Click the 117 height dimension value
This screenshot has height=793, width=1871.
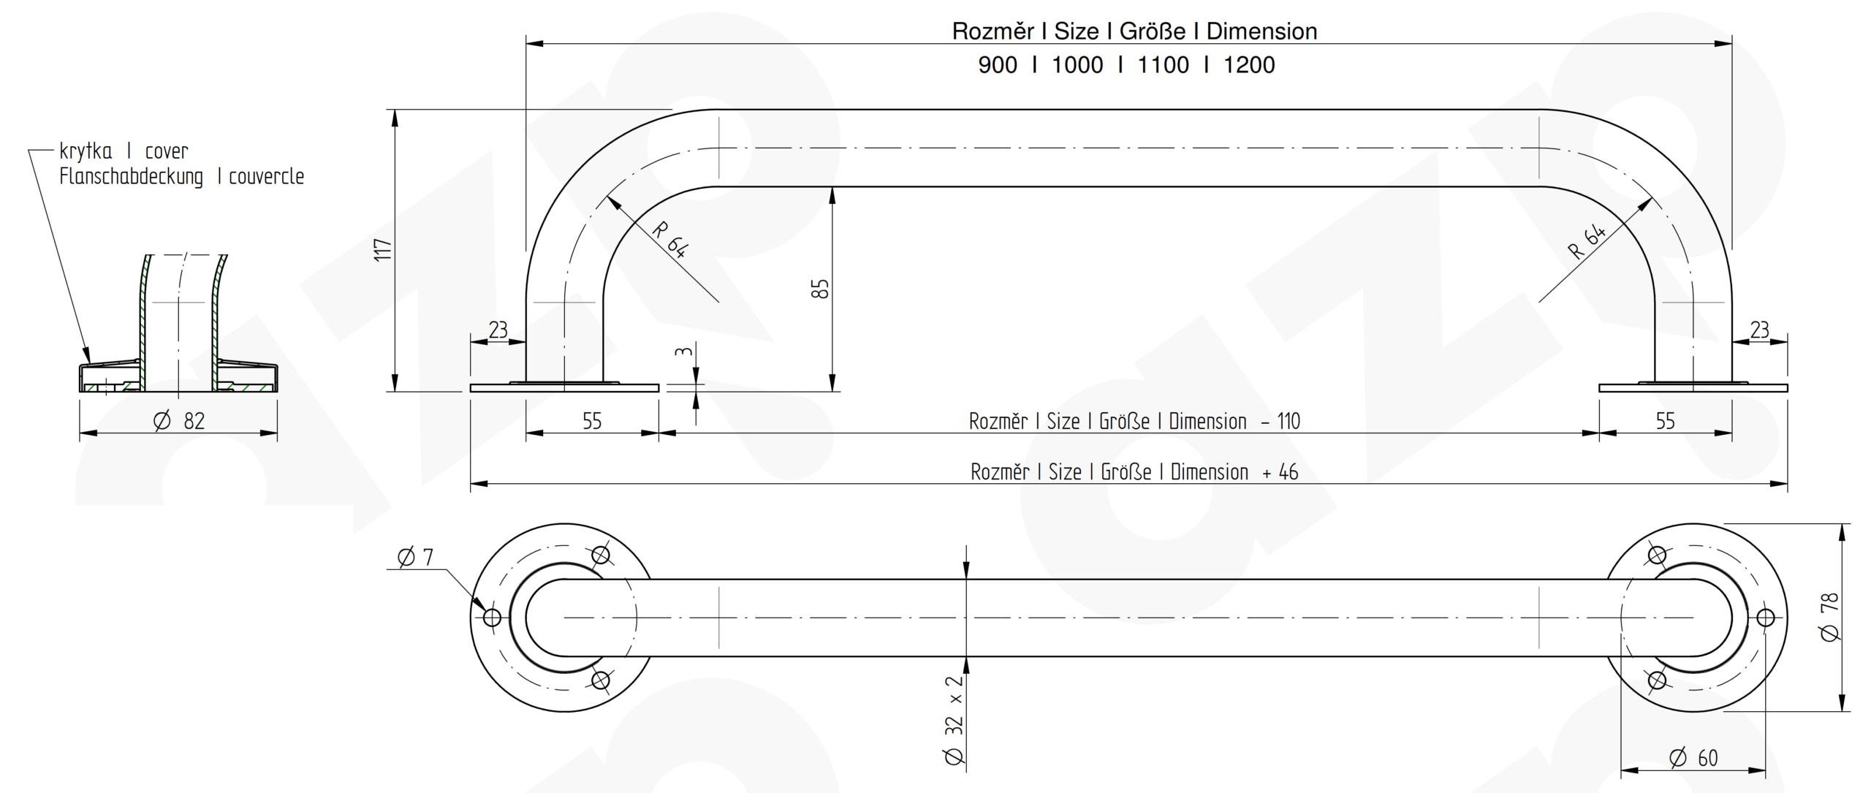383,250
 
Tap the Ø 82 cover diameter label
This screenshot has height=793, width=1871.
179,421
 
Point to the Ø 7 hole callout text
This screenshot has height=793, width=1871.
415,557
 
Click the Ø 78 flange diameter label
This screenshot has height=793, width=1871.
1830,617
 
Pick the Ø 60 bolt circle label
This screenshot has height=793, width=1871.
1693,758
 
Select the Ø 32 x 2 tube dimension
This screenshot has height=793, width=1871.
955,720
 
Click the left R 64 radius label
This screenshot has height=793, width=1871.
669,240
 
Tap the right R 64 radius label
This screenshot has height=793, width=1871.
1587,242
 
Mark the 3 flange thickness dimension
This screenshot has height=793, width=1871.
683,352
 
